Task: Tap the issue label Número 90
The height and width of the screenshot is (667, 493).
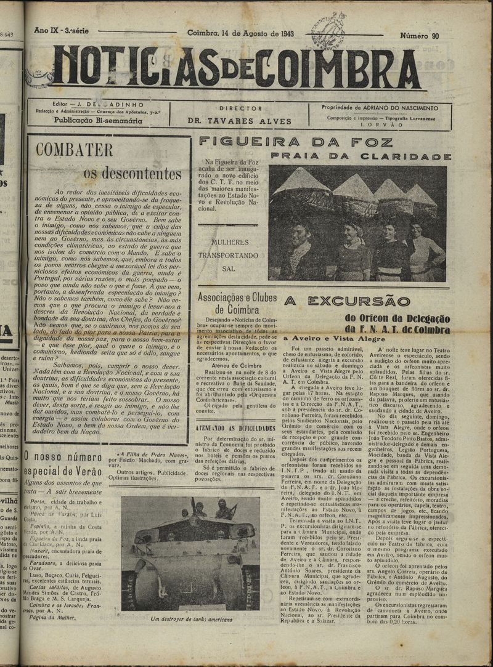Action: point(419,36)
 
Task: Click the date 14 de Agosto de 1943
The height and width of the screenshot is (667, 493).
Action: point(240,33)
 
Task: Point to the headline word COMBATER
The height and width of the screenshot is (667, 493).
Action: point(74,150)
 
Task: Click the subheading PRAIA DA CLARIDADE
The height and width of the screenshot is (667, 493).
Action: point(361,156)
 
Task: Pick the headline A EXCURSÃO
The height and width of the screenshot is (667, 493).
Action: point(347,301)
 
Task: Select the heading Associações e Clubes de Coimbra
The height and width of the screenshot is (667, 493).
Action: point(237,303)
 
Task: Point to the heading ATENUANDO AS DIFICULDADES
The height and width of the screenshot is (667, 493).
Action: point(235,427)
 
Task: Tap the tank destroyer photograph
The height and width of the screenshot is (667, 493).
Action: point(191,554)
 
